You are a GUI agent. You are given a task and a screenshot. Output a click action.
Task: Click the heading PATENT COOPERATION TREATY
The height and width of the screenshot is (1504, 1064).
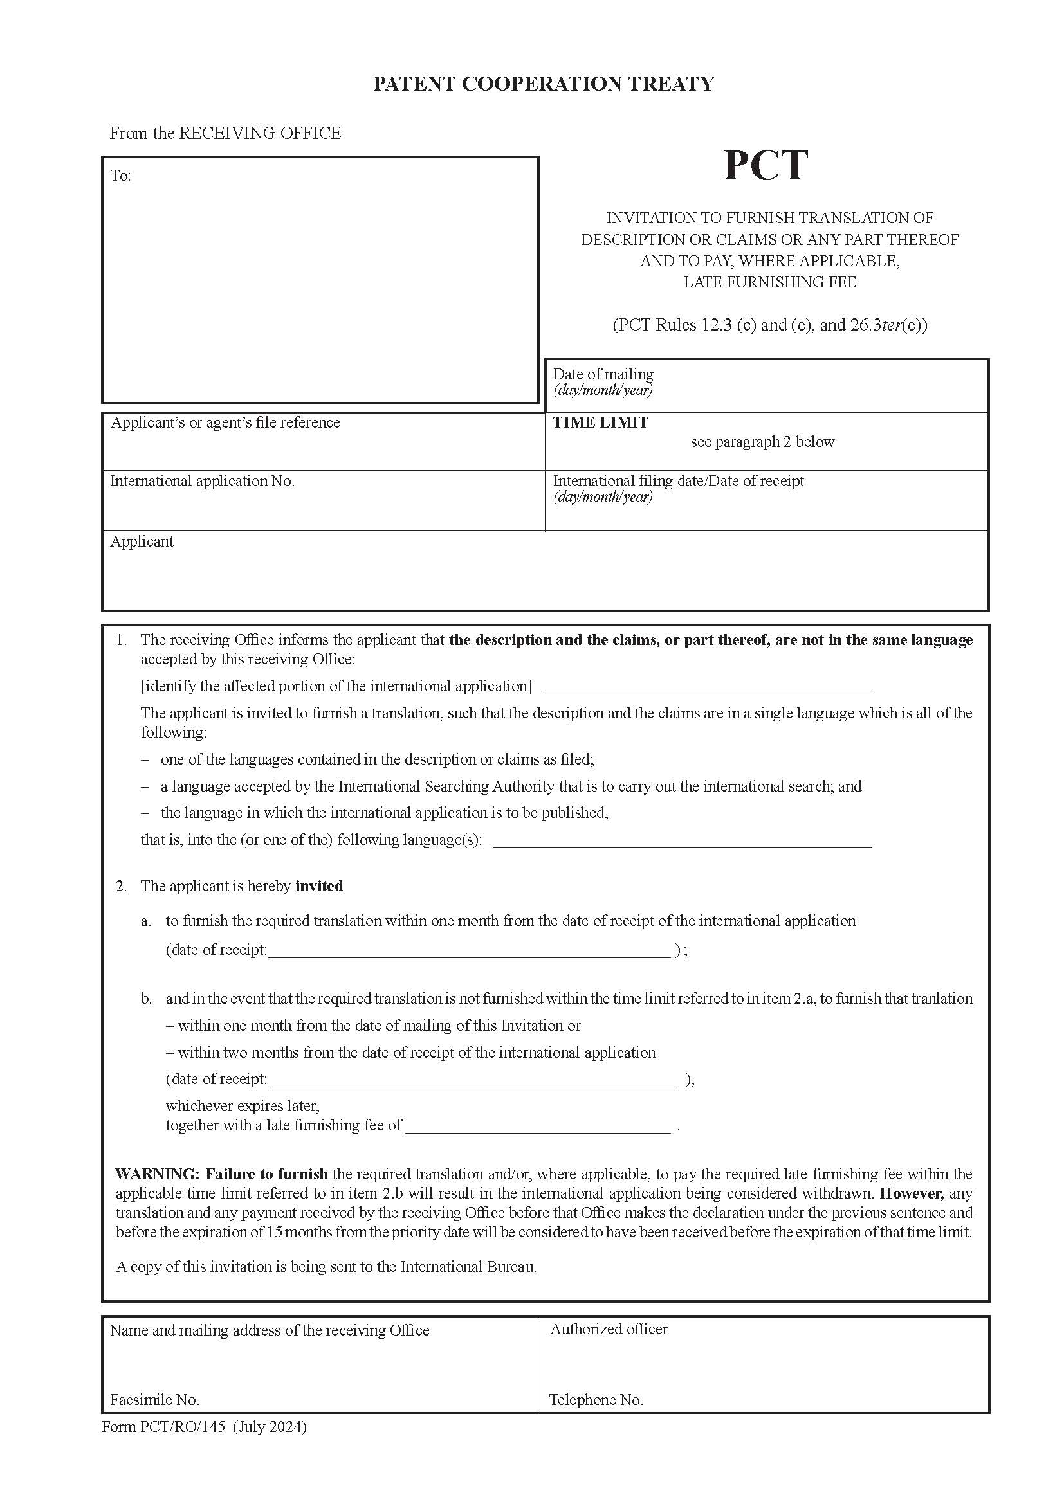[543, 84]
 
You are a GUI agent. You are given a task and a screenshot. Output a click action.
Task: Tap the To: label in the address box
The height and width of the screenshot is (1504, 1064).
[120, 176]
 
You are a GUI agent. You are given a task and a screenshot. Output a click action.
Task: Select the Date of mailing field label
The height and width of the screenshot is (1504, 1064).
[603, 374]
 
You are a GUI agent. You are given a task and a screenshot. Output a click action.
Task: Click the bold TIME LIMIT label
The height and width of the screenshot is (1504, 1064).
[600, 422]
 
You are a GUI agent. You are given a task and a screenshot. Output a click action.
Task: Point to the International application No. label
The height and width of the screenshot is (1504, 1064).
[202, 481]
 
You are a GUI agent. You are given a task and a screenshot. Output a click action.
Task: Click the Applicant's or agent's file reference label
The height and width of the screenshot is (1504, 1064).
[225, 422]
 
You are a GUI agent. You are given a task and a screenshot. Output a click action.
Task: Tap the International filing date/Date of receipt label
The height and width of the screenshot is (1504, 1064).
[678, 481]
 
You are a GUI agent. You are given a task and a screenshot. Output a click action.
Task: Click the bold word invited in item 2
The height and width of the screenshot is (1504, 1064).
[319, 886]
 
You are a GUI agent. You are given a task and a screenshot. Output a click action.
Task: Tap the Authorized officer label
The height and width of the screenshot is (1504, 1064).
[609, 1329]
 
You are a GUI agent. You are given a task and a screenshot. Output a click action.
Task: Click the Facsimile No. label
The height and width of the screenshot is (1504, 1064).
[154, 1400]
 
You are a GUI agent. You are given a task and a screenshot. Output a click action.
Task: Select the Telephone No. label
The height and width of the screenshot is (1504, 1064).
[596, 1400]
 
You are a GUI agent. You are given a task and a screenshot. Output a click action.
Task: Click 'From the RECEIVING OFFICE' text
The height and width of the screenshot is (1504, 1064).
[225, 133]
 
